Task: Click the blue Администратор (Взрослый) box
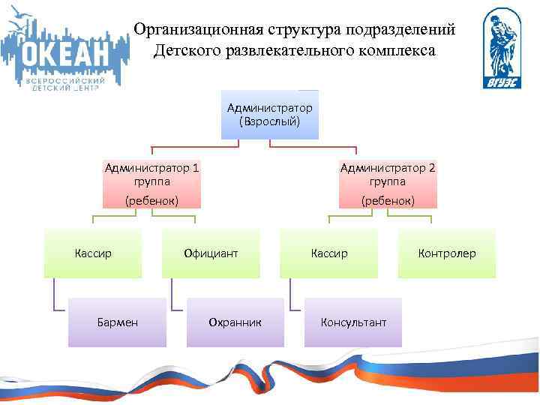coord(270,115)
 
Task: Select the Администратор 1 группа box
coord(152,184)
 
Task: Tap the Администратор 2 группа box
coord(388,184)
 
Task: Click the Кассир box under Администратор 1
coord(93,253)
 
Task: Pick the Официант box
coord(211,253)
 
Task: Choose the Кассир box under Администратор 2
coord(329,253)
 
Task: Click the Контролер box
coord(447,253)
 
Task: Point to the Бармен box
coord(117,322)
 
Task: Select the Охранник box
coord(235,322)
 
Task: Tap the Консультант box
coord(353,322)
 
